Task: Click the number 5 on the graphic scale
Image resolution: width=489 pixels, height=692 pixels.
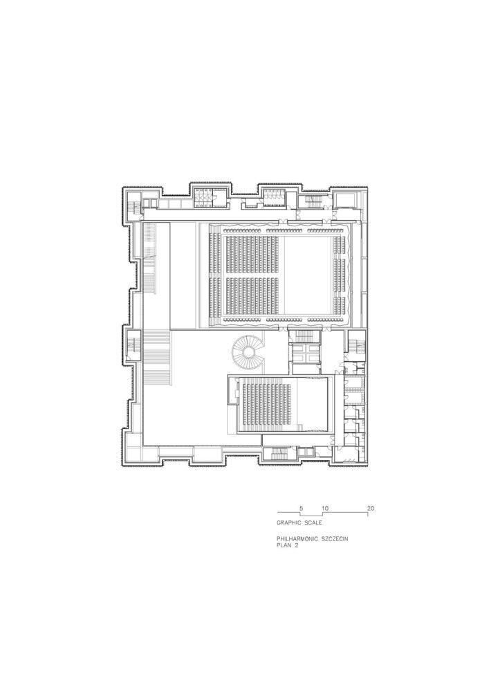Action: (301, 508)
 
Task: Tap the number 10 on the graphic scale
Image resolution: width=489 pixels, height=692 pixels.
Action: (324, 508)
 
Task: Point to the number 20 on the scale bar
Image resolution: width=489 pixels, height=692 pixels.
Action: (371, 508)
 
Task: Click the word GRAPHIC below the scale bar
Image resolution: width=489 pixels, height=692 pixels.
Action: (289, 522)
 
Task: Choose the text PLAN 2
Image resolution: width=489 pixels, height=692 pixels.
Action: (288, 545)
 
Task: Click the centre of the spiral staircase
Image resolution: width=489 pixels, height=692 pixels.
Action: (248, 352)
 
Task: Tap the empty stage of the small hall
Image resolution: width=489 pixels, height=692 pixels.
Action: (312, 403)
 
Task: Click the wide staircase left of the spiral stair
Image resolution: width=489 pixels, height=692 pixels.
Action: (158, 358)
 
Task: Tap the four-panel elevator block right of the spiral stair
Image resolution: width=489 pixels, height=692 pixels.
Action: (306, 353)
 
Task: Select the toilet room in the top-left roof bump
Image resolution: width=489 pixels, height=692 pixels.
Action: (204, 196)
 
